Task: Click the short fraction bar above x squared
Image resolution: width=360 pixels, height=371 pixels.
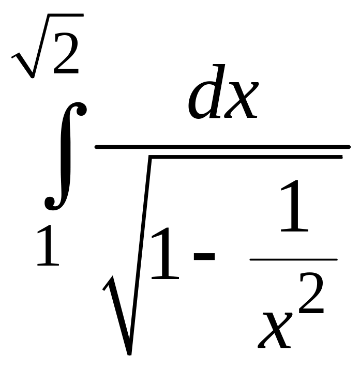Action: tap(293, 259)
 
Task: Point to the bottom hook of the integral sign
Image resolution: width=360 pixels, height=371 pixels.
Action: tap(50, 204)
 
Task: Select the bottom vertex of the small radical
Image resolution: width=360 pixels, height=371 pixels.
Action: tap(32, 76)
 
